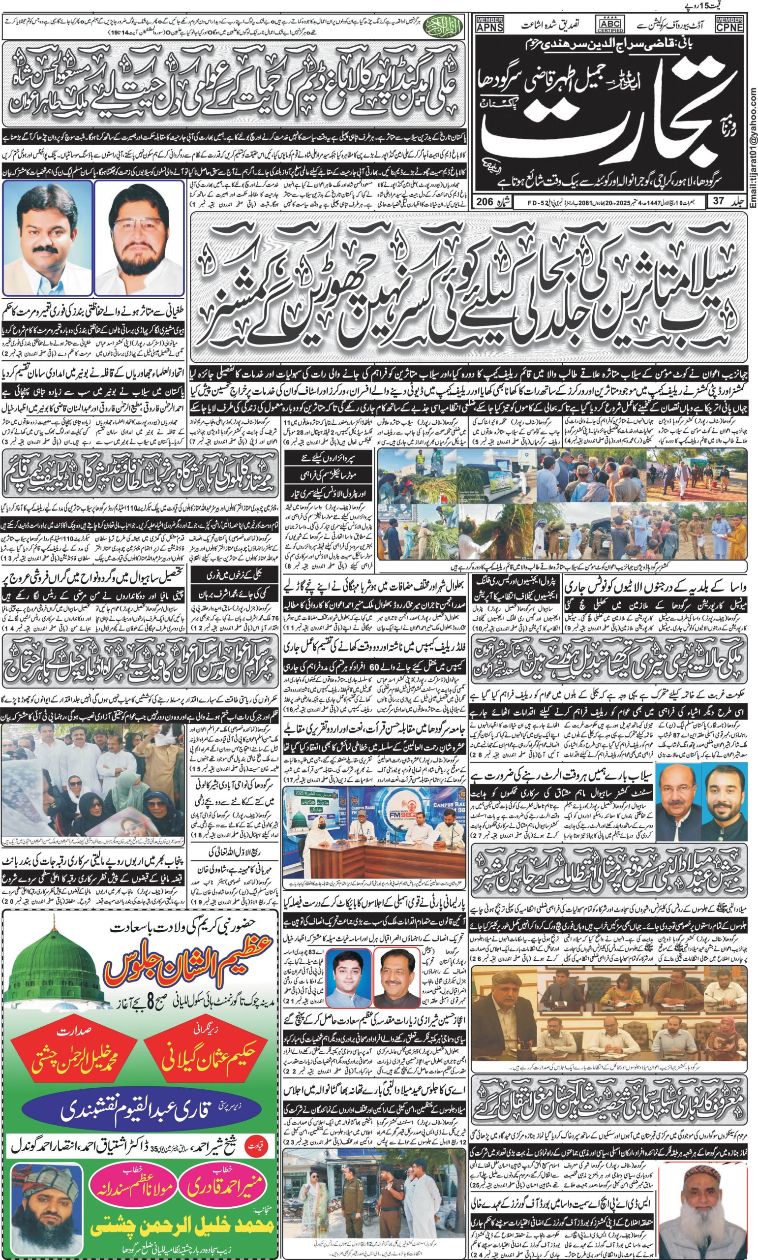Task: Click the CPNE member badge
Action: pyautogui.click(x=729, y=25)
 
